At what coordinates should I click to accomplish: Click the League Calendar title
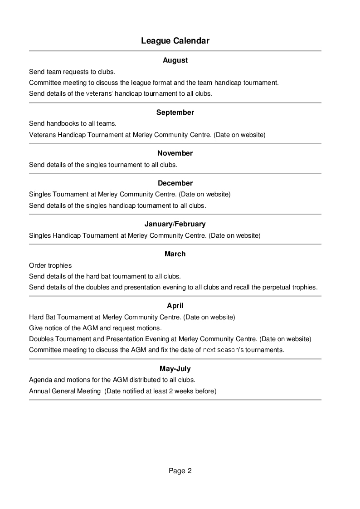(175, 41)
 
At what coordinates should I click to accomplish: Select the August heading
(175, 60)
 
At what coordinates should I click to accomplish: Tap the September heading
(175, 113)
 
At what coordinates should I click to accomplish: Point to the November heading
(175, 153)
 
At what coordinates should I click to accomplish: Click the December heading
(175, 183)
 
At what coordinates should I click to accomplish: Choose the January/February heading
(175, 224)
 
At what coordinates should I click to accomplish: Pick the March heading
(175, 254)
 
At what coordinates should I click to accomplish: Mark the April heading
(175, 306)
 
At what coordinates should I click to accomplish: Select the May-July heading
(175, 369)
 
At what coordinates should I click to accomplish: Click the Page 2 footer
(180, 471)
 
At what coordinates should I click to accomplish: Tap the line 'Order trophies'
(50, 265)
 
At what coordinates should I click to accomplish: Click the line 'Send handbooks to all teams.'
(73, 123)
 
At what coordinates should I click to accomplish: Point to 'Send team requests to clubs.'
(72, 72)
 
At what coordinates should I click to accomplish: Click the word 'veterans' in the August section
(99, 94)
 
